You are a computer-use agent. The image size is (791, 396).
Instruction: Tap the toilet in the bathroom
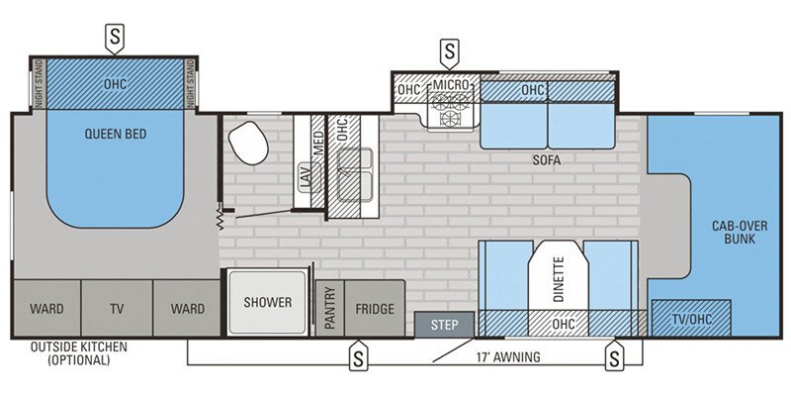[248, 145]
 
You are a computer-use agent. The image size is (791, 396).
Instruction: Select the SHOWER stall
[268, 303]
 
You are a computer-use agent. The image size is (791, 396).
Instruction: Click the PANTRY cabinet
[329, 309]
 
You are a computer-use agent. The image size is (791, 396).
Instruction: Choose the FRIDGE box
[375, 309]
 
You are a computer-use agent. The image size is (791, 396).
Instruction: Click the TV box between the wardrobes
[117, 309]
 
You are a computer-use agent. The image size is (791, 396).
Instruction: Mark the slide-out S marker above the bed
[115, 39]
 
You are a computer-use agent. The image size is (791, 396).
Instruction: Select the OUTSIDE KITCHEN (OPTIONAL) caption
[69, 352]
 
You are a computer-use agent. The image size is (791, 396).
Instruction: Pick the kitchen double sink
[353, 175]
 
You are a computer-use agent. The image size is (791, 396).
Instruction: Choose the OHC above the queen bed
[117, 84]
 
